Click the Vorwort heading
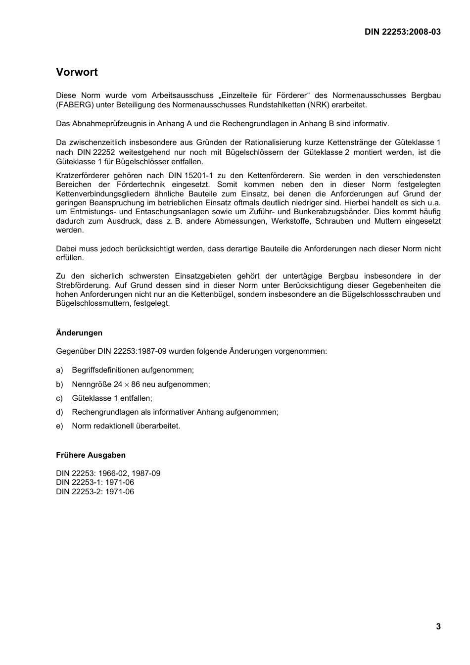pos(77,72)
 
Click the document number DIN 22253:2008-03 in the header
pos(402,32)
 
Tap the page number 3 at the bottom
pos(438,627)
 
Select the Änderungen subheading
pos(79,333)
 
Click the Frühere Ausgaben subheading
pos(91,455)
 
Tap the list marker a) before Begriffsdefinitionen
pos(59,370)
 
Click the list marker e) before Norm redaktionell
pos(59,426)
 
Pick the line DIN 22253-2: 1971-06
pos(95,492)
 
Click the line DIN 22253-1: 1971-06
pos(95,482)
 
